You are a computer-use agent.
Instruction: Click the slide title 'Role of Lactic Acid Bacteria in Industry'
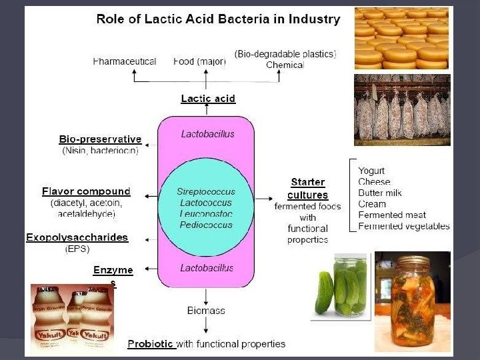click(x=218, y=19)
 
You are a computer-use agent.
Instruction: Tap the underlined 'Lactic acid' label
click(x=208, y=99)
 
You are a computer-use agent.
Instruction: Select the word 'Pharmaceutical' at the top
click(x=125, y=61)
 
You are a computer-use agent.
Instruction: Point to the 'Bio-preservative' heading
click(x=100, y=139)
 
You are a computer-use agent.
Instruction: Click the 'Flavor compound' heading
click(x=86, y=191)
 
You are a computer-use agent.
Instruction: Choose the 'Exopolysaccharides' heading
click(x=77, y=237)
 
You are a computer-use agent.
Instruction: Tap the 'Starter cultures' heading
click(x=307, y=189)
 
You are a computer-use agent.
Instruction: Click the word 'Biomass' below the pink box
click(x=206, y=310)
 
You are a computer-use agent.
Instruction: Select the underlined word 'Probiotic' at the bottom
click(x=151, y=344)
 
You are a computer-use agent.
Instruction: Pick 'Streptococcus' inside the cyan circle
click(x=206, y=191)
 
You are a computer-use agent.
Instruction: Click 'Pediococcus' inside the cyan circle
click(x=206, y=225)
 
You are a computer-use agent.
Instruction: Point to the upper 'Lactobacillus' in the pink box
click(x=208, y=134)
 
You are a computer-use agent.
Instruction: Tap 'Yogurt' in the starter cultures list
click(x=371, y=171)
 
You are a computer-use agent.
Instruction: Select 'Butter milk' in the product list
click(x=380, y=193)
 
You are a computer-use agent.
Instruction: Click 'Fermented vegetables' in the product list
click(x=403, y=227)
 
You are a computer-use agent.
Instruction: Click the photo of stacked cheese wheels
click(x=401, y=38)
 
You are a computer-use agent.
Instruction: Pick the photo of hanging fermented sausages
click(x=401, y=109)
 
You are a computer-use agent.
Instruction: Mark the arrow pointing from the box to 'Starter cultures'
click(x=265, y=197)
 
